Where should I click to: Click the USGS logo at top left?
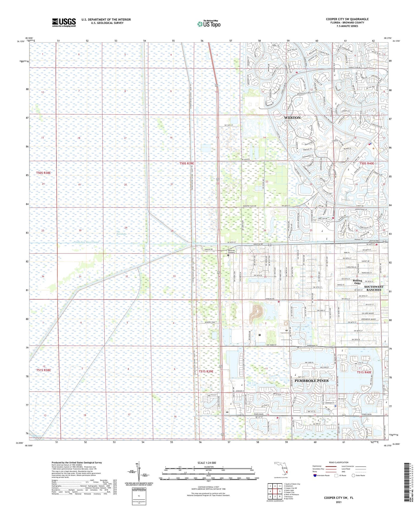click(x=64, y=22)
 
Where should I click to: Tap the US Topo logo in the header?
click(x=209, y=24)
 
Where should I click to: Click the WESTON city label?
click(x=292, y=118)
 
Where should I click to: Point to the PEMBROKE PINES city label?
click(x=312, y=381)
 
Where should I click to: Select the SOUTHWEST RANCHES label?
click(x=373, y=288)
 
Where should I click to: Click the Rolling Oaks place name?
click(x=358, y=282)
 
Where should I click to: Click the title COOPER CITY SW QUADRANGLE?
click(x=347, y=19)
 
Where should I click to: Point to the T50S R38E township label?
click(x=44, y=173)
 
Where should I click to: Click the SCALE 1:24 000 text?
click(x=206, y=463)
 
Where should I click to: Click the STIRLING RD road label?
click(x=270, y=299)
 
